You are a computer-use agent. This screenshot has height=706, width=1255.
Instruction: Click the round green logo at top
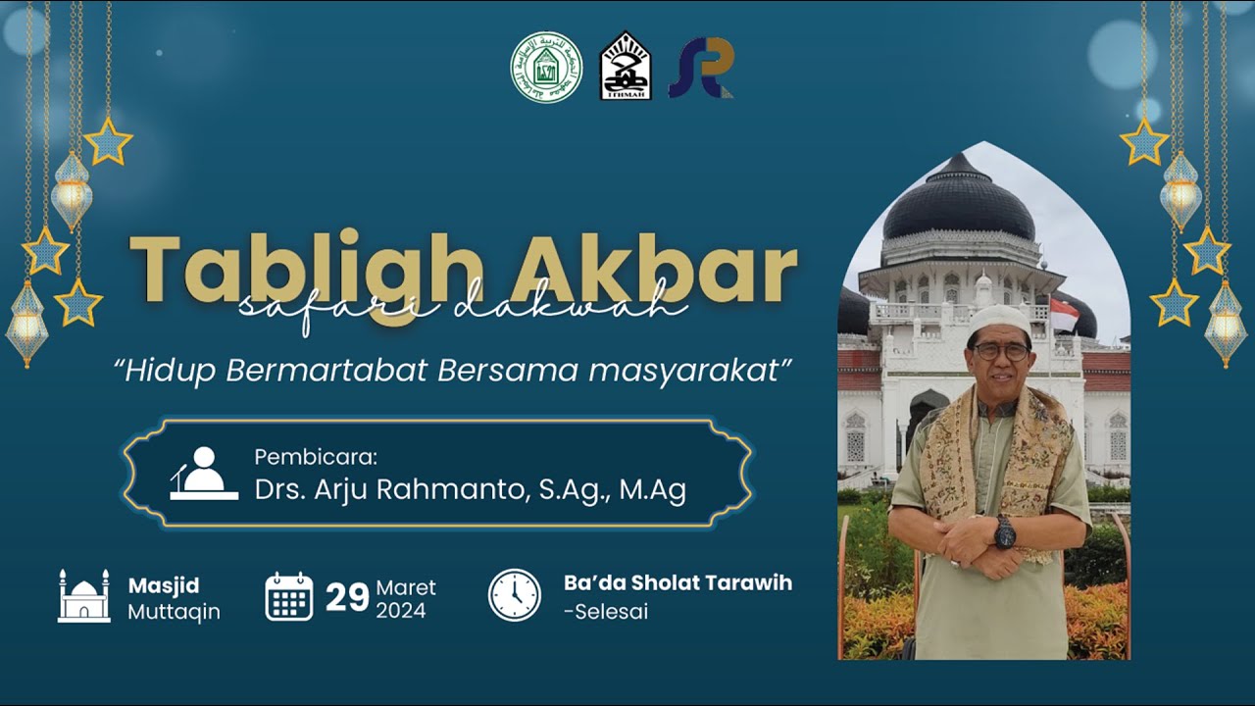[546, 67]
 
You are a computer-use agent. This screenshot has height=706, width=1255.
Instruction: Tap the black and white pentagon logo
[626, 67]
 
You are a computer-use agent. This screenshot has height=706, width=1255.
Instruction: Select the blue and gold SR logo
[701, 68]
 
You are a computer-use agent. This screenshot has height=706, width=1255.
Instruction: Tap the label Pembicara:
[316, 457]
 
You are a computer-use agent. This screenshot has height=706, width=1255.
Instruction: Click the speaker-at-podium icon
[204, 474]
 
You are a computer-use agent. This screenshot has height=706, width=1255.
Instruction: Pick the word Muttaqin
[174, 612]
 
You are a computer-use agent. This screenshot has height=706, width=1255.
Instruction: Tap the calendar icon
[289, 596]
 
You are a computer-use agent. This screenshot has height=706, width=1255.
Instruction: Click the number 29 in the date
[347, 597]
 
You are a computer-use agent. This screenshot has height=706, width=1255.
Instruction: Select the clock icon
[515, 595]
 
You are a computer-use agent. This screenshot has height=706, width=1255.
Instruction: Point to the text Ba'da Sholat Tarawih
[678, 582]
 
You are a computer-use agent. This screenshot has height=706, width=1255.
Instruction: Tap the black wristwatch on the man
[1005, 533]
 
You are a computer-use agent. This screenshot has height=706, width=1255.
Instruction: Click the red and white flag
[1063, 315]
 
